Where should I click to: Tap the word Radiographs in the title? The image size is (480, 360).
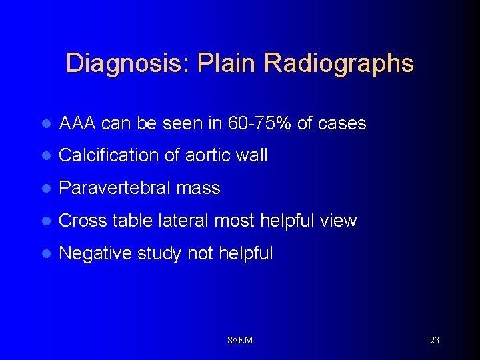pos(339,64)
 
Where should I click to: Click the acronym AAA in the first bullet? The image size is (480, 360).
pos(78,123)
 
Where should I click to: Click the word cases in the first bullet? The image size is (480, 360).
pos(343,123)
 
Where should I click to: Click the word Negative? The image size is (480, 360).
pos(95,253)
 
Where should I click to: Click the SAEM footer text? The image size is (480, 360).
pos(240,341)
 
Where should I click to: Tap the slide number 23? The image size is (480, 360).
pos(435,341)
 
